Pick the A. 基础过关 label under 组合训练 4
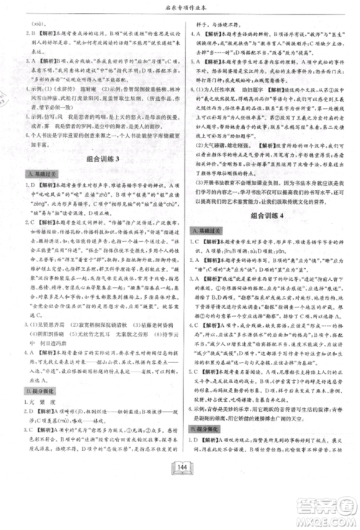coord(203,229)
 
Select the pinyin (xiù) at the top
coord(35,24)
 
